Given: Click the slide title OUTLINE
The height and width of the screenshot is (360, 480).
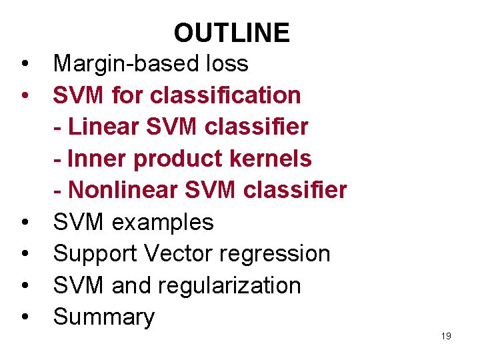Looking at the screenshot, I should point(231,33).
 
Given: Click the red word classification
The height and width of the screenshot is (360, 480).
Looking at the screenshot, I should point(225,95).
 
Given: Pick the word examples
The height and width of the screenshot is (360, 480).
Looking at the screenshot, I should point(163,222).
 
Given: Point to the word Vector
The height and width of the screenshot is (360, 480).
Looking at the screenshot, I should point(174,253).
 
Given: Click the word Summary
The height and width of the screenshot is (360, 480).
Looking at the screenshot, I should point(103,317).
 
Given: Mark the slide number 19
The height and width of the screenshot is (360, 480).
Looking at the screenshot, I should point(446,336).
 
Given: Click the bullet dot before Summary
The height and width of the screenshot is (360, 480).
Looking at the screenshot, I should point(24,317).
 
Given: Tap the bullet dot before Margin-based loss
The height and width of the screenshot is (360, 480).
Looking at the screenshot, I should point(24,64).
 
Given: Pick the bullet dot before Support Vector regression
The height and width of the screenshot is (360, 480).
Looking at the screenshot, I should point(24,254).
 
